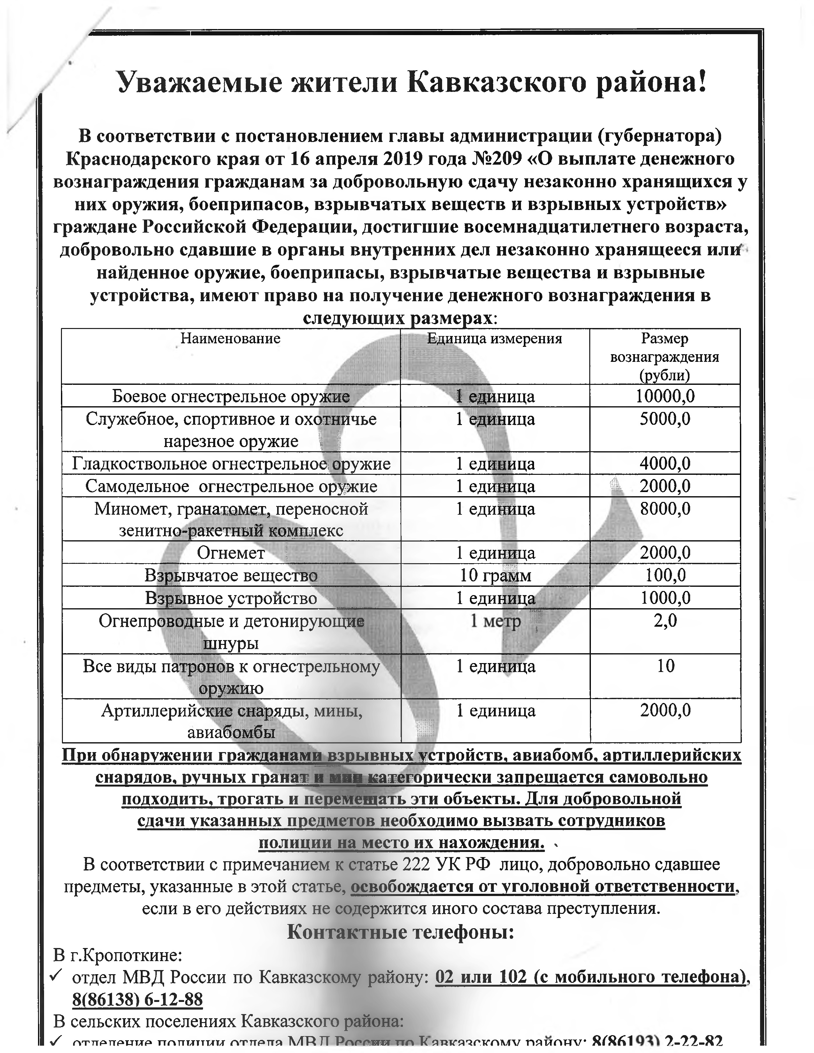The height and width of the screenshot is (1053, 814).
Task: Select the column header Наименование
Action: pos(230,339)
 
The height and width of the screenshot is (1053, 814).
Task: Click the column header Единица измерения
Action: pos(495,339)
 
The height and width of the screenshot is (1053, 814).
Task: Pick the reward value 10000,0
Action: pos(665,396)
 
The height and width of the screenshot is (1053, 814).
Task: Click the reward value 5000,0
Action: pos(665,419)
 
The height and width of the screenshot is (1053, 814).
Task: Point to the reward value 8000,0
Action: pos(665,509)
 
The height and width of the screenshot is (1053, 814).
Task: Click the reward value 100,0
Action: pos(665,576)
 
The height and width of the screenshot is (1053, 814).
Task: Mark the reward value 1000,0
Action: pos(665,598)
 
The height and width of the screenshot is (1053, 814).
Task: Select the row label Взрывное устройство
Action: pos(231,598)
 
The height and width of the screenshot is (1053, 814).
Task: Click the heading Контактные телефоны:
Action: pos(401,932)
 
